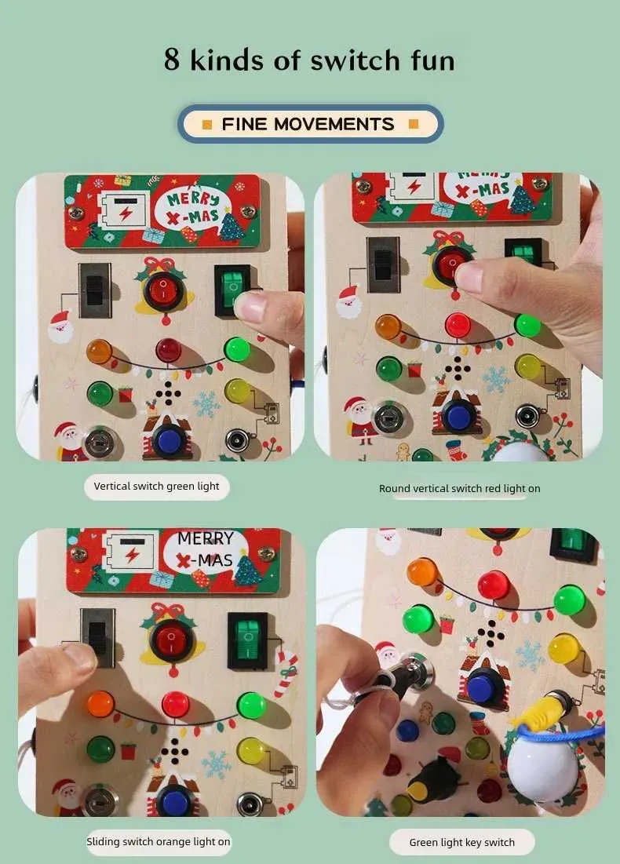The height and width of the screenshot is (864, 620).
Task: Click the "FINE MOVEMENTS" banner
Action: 310,124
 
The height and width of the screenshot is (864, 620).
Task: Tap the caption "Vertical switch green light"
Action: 157,487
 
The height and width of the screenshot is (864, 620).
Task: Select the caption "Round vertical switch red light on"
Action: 459,488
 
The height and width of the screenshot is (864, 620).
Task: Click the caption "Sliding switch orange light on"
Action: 158,841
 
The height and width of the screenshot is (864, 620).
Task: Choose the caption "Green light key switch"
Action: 461,843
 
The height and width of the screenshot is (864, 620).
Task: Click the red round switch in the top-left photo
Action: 163,291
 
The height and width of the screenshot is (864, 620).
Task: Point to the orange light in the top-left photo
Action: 99,351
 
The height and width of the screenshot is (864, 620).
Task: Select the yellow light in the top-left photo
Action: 237,390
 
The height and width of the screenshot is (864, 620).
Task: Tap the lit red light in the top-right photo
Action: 457,324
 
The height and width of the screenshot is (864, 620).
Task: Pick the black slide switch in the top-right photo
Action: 383,264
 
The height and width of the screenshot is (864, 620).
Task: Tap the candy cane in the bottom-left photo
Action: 286,673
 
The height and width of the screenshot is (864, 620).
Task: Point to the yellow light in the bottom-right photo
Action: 563,648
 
